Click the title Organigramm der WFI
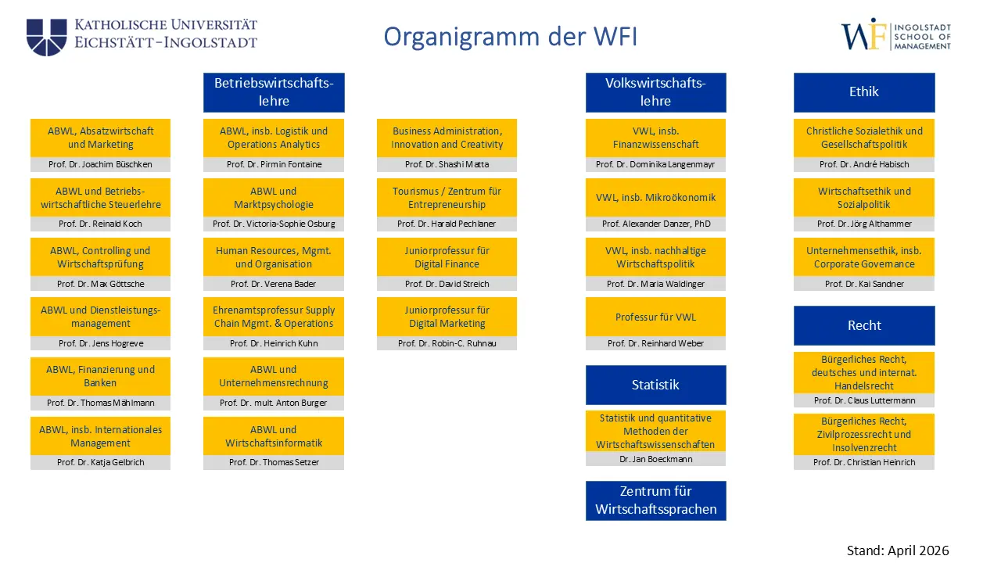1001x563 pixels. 510,37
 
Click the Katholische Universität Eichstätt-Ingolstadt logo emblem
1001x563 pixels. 46,37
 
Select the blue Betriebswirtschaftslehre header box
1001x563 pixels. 274,92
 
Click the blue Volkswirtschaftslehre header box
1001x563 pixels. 655,92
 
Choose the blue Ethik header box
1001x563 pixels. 863,92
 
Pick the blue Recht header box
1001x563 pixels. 863,325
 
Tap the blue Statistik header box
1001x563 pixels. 655,385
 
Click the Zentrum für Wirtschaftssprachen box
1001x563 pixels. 655,500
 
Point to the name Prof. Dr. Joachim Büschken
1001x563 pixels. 100,164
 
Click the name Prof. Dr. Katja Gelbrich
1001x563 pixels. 100,462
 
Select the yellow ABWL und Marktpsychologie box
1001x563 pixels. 274,198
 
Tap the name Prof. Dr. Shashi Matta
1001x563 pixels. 447,164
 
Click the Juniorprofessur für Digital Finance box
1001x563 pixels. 447,257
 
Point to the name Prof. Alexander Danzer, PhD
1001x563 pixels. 655,224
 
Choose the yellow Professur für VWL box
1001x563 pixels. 655,317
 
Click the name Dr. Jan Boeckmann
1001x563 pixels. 655,459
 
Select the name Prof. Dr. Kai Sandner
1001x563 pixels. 863,284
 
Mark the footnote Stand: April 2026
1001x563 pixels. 898,550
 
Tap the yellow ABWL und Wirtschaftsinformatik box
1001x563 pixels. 274,436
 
